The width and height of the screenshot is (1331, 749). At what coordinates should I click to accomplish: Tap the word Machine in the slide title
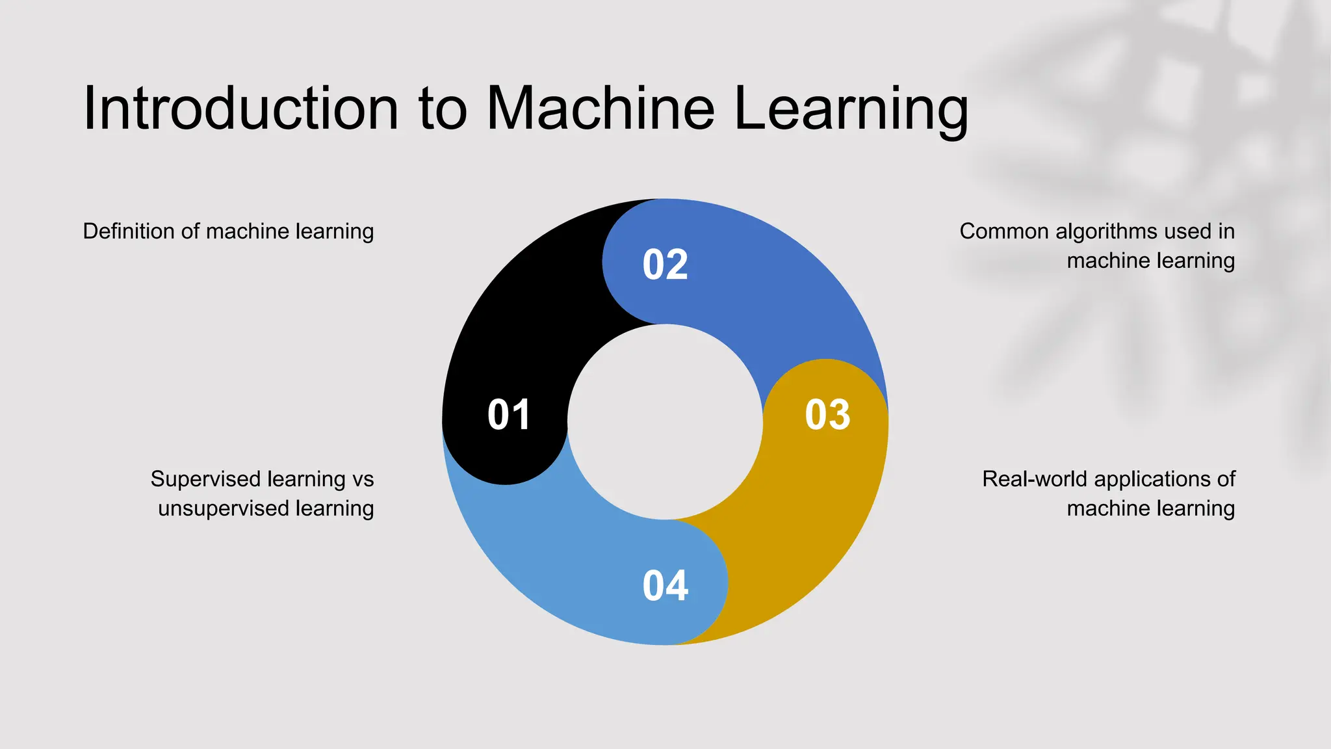pos(601,108)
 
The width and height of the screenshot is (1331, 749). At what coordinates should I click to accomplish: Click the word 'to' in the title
pos(443,109)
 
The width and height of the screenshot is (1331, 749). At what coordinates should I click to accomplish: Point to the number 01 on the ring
pos(509,415)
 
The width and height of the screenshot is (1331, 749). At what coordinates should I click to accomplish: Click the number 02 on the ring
pos(665,265)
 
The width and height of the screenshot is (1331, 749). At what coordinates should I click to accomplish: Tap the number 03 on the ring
pos(827,415)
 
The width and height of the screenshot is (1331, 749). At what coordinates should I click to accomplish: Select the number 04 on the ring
pos(665,585)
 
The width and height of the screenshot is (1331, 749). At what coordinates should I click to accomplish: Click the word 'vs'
pos(363,479)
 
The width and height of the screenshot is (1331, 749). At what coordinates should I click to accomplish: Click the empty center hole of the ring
pos(665,422)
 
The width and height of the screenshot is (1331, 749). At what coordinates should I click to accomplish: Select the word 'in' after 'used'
pos(1226,231)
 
